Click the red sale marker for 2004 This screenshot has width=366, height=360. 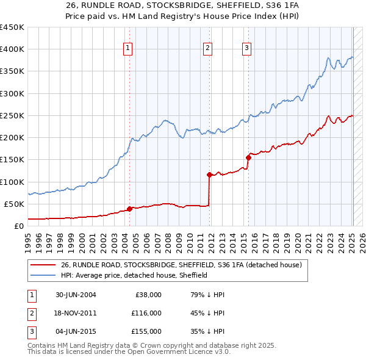coord(129,209)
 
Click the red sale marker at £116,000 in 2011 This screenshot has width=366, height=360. coord(209,175)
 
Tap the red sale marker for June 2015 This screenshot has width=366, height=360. coord(248,157)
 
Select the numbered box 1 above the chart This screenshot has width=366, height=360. coord(128,48)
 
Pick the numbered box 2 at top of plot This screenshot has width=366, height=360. coord(208,48)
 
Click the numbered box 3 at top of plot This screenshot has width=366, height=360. coord(246,48)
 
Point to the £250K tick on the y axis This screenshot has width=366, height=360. coord(12,115)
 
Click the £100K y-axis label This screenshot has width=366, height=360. coord(12,182)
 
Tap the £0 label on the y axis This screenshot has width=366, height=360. coord(18,226)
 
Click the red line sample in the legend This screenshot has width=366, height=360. coord(43,265)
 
